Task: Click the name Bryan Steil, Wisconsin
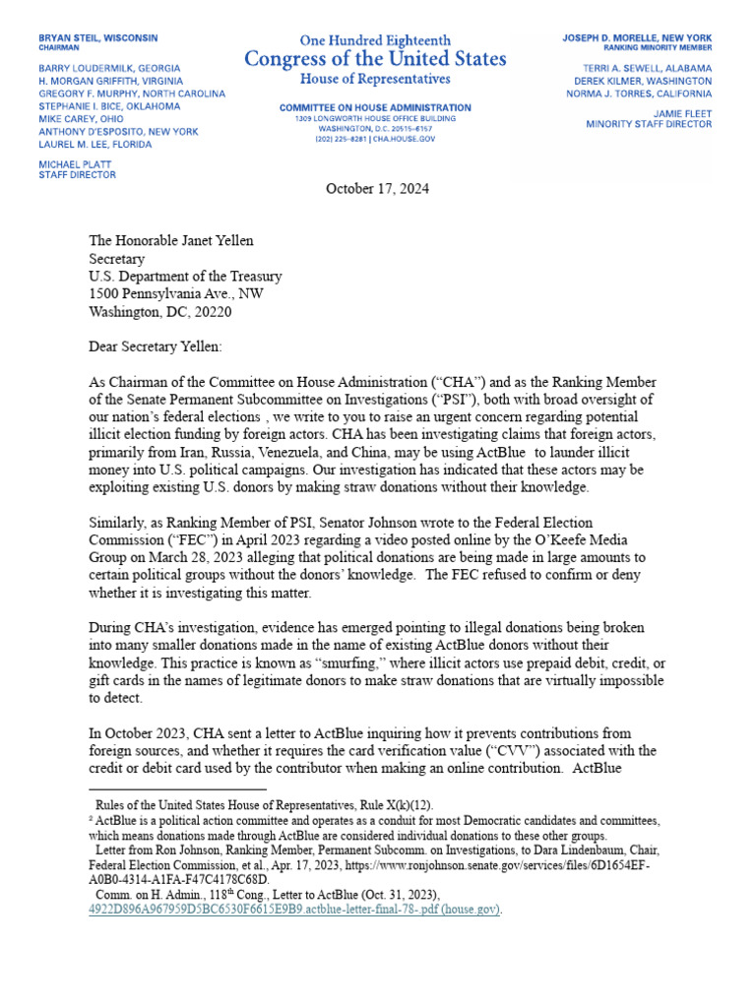[97, 37]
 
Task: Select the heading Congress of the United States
[377, 59]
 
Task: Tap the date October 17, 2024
[377, 188]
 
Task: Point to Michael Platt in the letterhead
[77, 162]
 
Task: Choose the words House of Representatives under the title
[376, 79]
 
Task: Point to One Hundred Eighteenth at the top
[376, 40]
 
